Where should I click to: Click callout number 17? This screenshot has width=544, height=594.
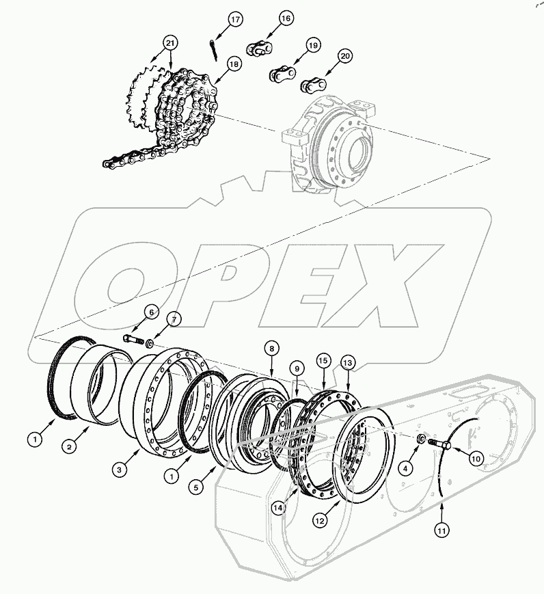(234, 19)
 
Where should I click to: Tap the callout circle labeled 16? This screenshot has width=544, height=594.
(285, 18)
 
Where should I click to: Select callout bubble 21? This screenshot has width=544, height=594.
(169, 43)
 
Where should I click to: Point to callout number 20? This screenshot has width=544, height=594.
(344, 56)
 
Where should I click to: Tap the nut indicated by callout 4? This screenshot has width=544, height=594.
(422, 437)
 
